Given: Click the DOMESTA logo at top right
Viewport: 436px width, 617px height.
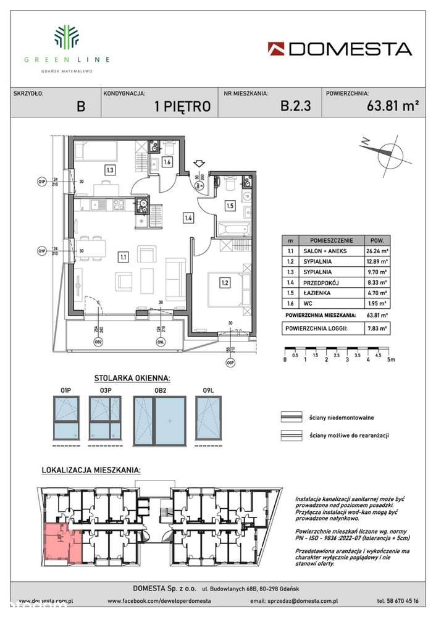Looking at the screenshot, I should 340,49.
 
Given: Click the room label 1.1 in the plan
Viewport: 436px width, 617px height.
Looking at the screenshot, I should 124,255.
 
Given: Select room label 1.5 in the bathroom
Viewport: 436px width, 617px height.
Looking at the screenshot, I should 229,206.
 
